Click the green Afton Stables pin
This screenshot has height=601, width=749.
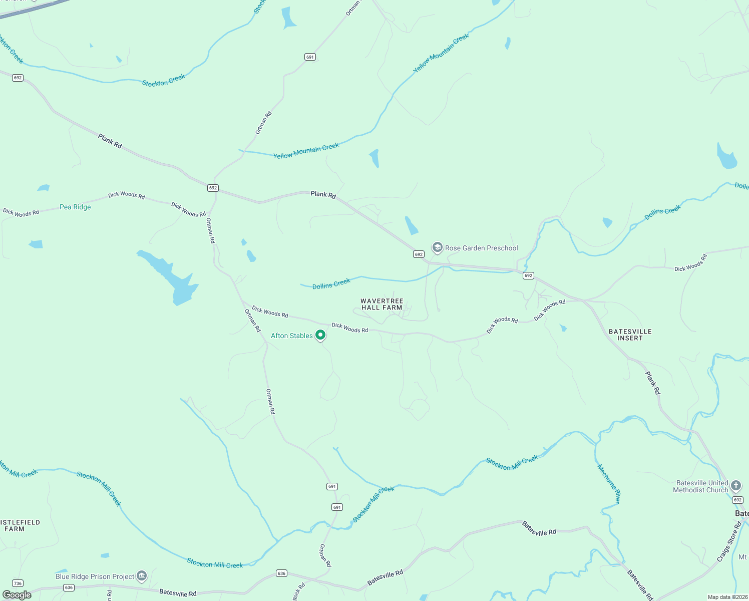[320, 335]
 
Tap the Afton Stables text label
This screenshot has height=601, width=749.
[292, 336]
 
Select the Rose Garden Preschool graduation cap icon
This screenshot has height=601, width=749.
[437, 247]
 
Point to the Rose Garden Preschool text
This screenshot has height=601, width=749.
[482, 248]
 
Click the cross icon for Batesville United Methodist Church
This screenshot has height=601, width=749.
[735, 485]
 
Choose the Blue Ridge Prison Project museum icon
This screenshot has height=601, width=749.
[142, 576]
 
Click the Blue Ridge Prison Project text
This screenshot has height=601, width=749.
[95, 576]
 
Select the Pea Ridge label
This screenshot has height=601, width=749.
[75, 207]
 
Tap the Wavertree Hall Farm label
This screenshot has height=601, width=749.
[382, 305]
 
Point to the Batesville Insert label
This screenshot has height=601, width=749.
[630, 335]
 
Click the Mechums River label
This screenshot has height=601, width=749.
[609, 483]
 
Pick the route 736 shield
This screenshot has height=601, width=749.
[18, 583]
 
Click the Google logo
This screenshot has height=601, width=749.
[17, 595]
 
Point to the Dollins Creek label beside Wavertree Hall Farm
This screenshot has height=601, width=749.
[331, 284]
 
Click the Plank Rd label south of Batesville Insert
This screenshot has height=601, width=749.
[652, 383]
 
